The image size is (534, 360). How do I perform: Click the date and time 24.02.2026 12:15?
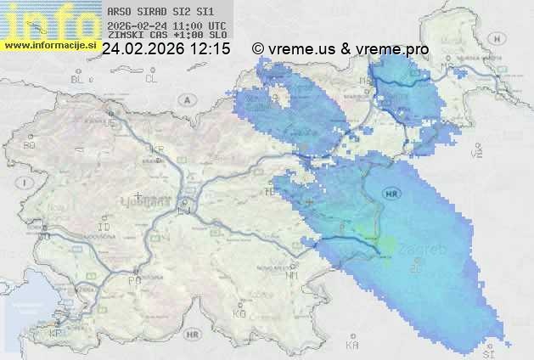pyautogui.click(x=166, y=49)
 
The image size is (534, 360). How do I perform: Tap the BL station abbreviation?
pyautogui.click(x=78, y=79)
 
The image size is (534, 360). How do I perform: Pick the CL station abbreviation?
pyautogui.click(x=152, y=79)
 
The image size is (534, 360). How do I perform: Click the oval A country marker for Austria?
pyautogui.click(x=186, y=98)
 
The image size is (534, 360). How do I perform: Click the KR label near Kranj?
pyautogui.click(x=157, y=149)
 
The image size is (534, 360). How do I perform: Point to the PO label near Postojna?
pyautogui.click(x=133, y=279)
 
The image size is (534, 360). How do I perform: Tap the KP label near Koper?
pyautogui.click(x=56, y=334)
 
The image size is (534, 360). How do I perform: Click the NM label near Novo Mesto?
pyautogui.click(x=292, y=275)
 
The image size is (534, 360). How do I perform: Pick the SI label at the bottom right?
pyautogui.click(x=487, y=352)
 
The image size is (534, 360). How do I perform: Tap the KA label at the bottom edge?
pyautogui.click(x=352, y=346)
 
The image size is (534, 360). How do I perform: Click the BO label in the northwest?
pyautogui.click(x=30, y=145)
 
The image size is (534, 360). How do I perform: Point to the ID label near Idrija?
pyautogui.click(x=104, y=228)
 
